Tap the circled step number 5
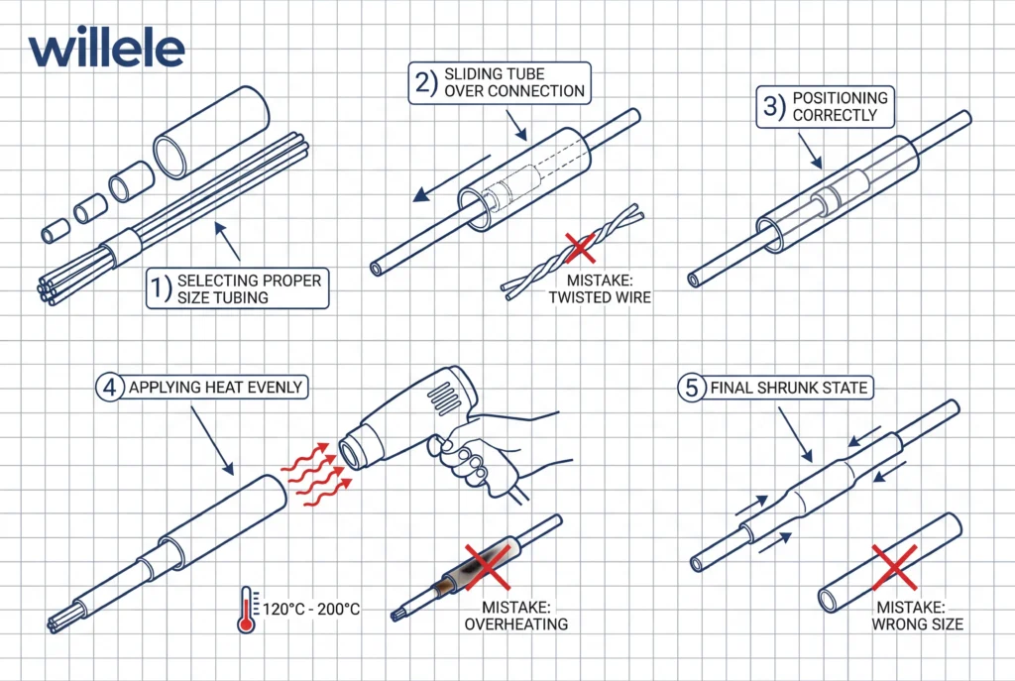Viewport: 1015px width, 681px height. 691,389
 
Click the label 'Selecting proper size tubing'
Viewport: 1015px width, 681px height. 238,287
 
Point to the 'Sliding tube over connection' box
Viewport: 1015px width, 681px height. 500,82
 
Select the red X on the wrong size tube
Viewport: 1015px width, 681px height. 892,568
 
